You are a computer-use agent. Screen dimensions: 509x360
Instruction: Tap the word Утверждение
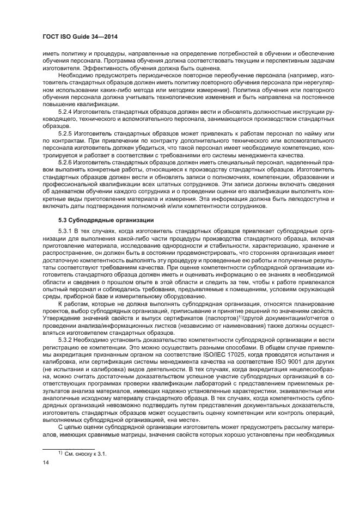pyautogui.click(x=63, y=317)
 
